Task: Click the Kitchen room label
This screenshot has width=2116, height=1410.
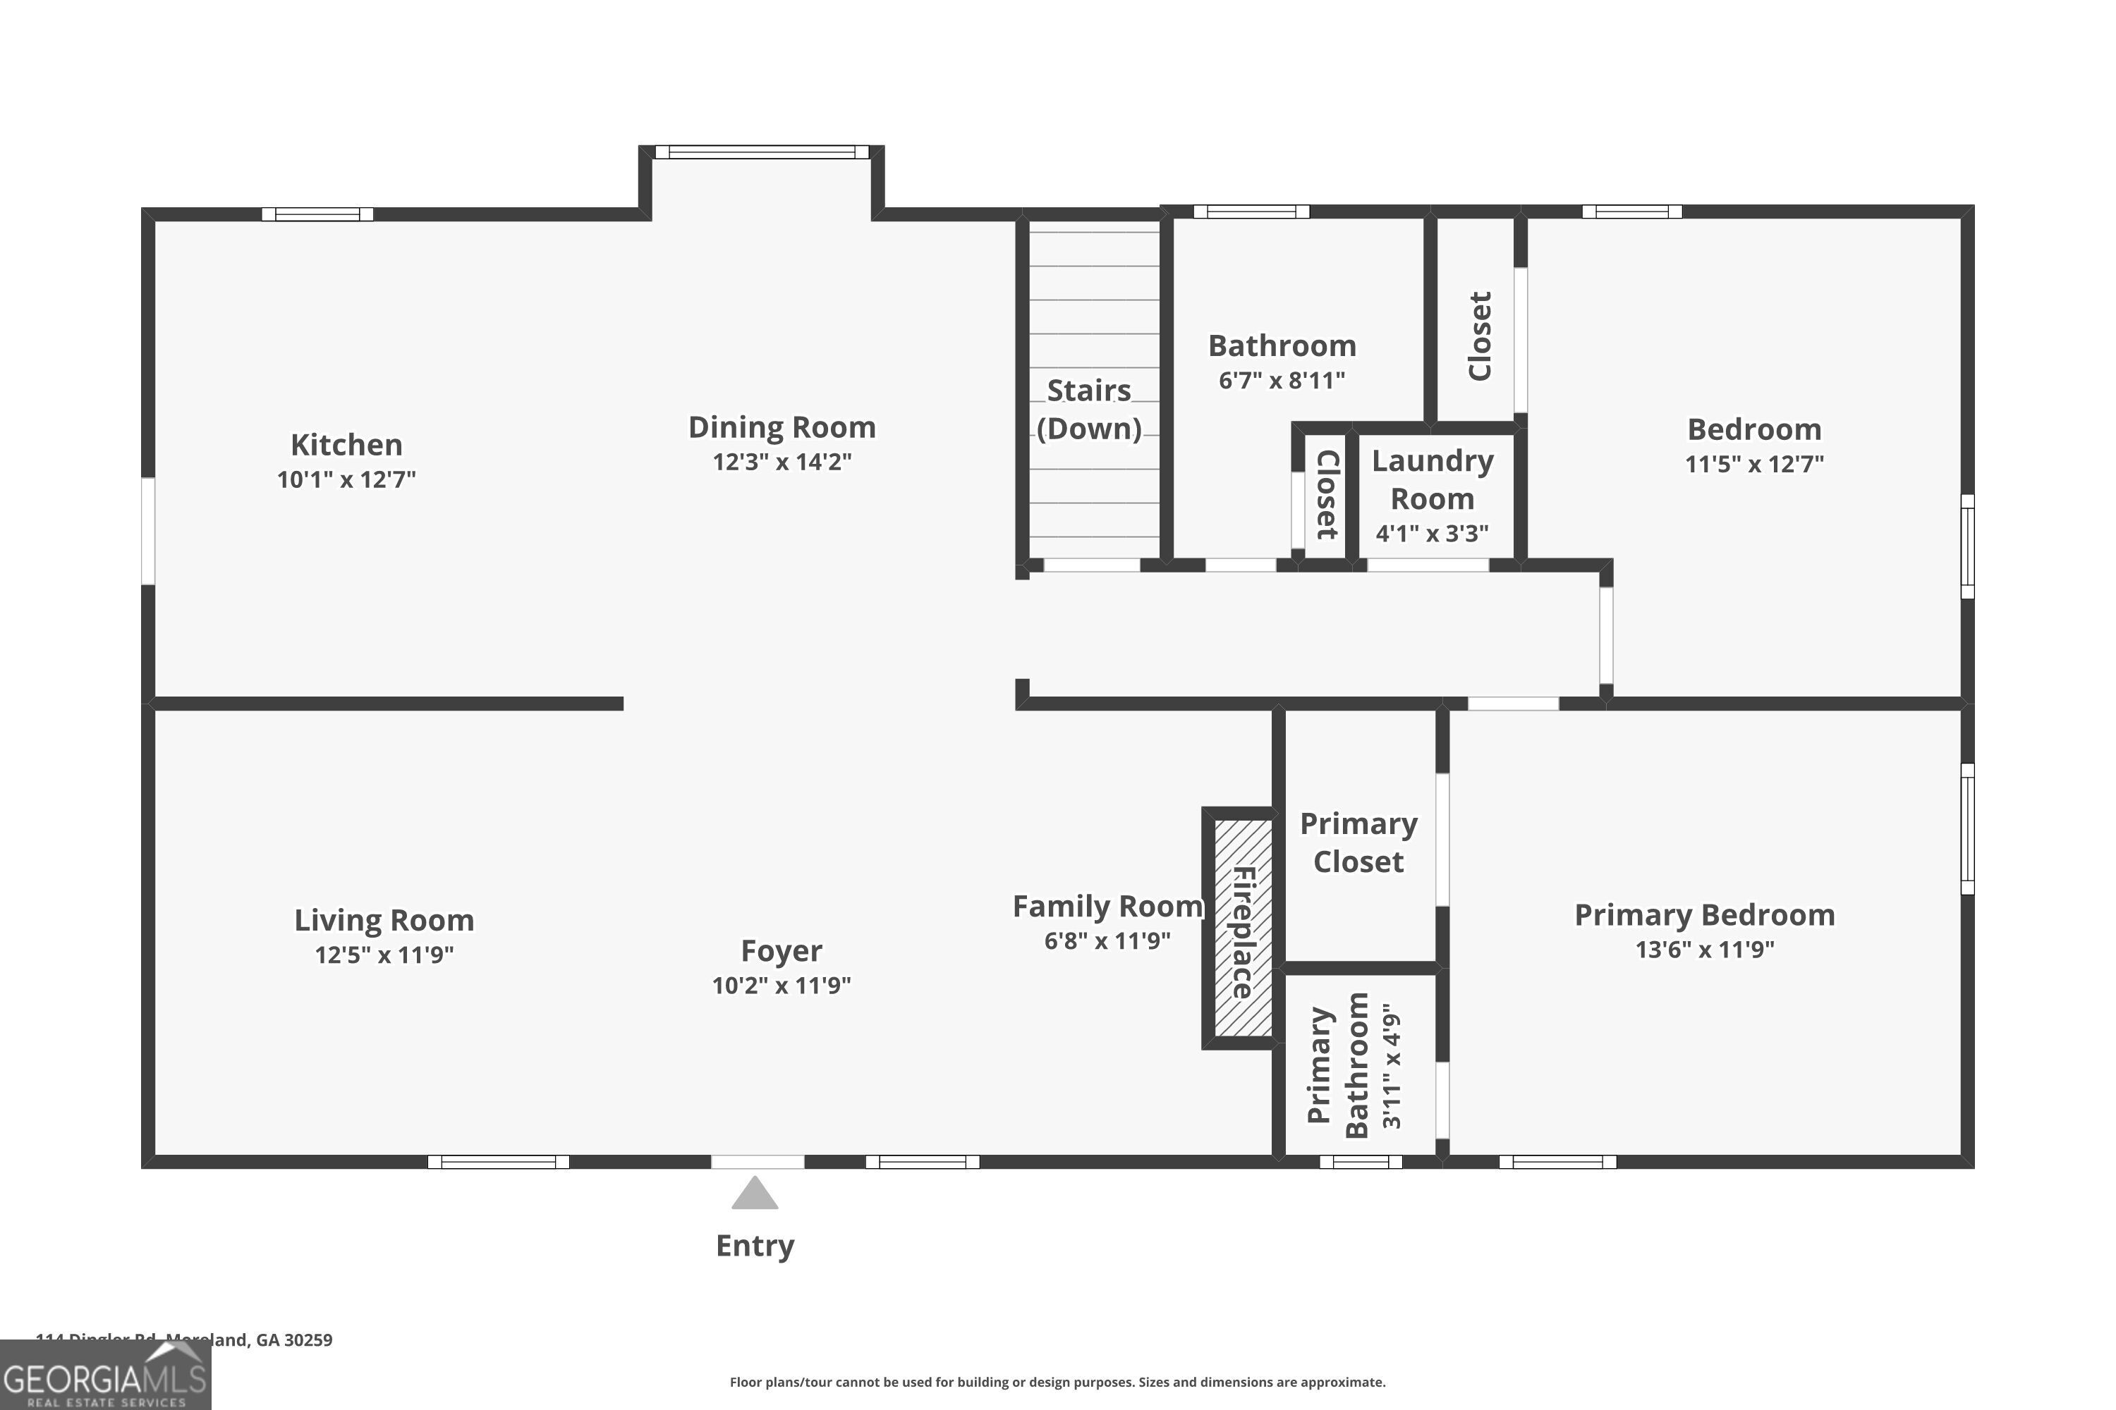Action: click(x=346, y=445)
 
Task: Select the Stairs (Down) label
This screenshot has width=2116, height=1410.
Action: click(x=1088, y=409)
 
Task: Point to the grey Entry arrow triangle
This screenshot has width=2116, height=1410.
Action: click(x=755, y=1194)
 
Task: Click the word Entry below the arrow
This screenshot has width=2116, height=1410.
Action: click(x=755, y=1246)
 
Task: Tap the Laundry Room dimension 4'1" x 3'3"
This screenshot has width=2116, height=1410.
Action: click(x=1431, y=533)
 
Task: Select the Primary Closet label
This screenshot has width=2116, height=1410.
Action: click(x=1358, y=842)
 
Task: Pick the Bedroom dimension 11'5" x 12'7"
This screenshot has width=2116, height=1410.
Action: click(x=1753, y=464)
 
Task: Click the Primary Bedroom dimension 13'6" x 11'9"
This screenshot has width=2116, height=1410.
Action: click(x=1704, y=950)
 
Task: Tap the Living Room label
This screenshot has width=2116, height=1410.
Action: click(x=384, y=920)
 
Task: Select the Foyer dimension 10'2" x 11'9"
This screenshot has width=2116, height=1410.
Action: click(x=781, y=986)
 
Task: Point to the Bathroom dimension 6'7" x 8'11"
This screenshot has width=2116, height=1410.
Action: click(x=1281, y=381)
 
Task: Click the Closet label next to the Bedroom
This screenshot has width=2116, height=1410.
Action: click(x=1480, y=336)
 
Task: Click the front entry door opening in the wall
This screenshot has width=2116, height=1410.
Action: click(x=758, y=1162)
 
